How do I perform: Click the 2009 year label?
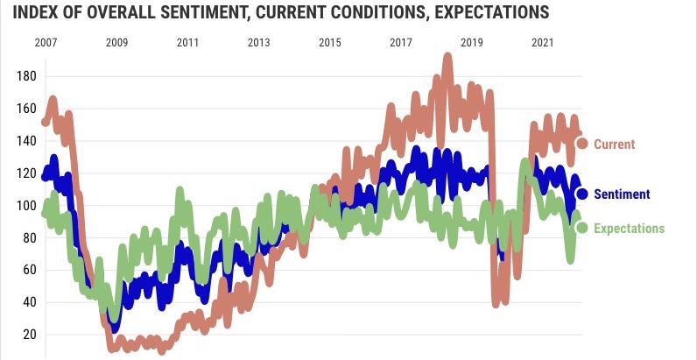[116, 42]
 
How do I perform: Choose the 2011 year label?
[187, 42]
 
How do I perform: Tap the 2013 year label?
[258, 42]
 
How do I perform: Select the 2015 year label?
[329, 42]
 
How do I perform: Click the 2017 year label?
[400, 42]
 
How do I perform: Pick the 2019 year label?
[471, 42]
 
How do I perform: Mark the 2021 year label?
[542, 42]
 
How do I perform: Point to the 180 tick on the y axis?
[25, 76]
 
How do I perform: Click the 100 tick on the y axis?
[25, 206]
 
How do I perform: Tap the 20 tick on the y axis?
[28, 335]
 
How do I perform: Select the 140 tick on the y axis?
[25, 141]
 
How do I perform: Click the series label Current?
[614, 144]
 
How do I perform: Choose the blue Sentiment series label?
[622, 194]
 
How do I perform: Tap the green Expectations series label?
[629, 229]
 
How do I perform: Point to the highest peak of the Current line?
[447, 58]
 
